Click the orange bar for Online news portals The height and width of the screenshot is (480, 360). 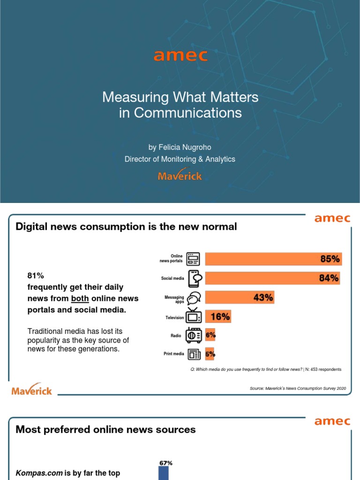point(273,259)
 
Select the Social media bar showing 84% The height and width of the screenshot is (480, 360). point(272,278)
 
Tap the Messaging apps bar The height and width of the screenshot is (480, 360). point(239,297)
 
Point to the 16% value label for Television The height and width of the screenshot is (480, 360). point(220,317)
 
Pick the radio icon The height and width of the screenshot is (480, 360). point(194,335)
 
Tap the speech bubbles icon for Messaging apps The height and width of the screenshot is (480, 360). point(194,299)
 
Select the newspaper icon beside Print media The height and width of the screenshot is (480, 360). point(194,354)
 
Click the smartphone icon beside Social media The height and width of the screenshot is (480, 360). point(195,278)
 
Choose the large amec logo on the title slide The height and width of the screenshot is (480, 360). point(180,56)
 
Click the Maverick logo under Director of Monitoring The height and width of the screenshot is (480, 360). point(180,175)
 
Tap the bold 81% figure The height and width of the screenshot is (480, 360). point(36,275)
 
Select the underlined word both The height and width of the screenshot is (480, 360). point(80,298)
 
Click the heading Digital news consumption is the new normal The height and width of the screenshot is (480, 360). point(127,227)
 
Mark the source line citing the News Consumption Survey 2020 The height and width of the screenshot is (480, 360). point(298,389)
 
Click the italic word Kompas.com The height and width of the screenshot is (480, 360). point(39,473)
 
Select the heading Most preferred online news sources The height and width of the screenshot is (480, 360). point(106,429)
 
